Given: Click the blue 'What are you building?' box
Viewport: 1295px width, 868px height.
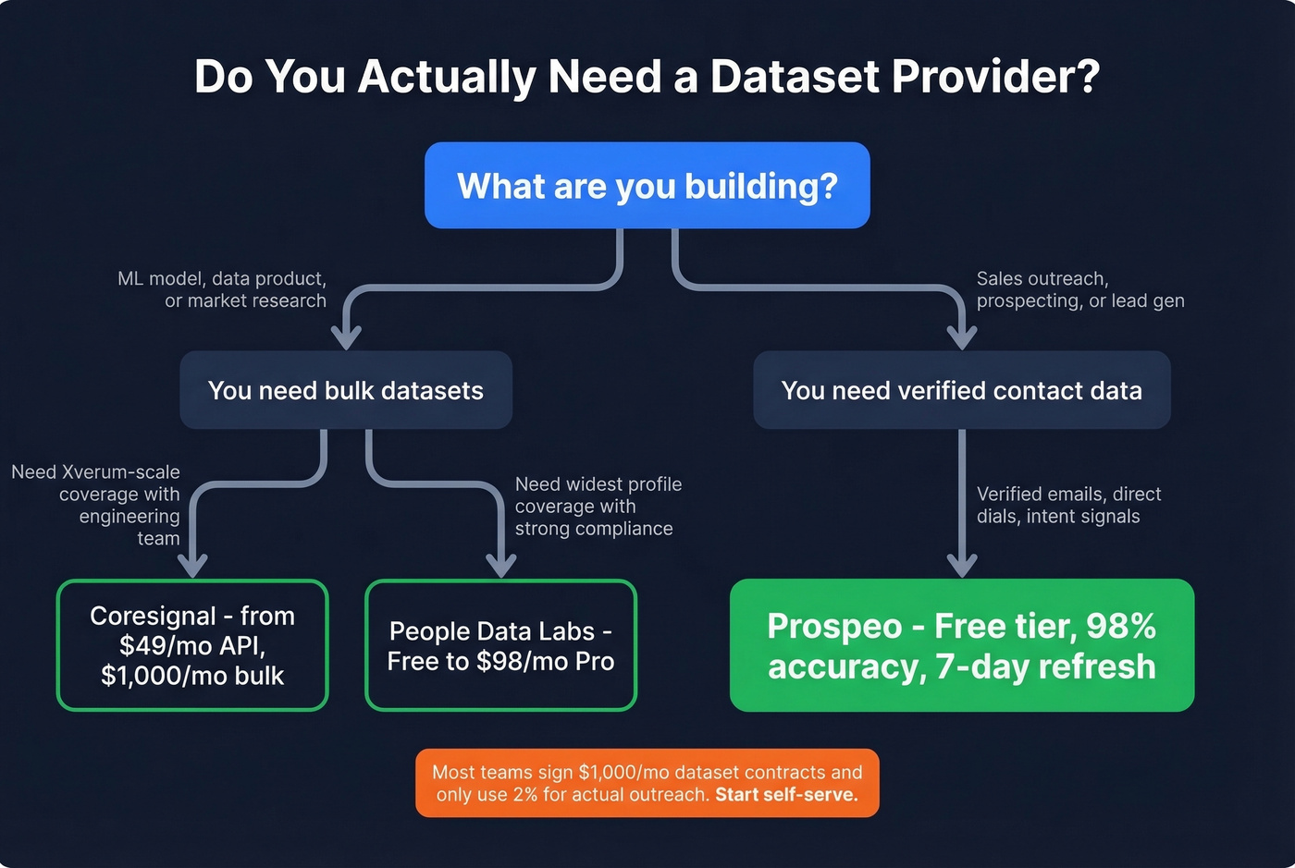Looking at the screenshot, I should (647, 186).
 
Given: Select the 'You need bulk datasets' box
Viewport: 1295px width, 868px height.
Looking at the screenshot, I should (345, 390).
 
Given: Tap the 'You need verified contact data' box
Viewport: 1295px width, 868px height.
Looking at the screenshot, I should (961, 390).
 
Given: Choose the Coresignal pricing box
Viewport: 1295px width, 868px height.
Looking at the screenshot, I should (192, 645).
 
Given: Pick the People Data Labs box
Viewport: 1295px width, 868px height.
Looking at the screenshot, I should (500, 645).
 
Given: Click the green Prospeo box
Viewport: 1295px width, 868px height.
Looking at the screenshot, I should (961, 645).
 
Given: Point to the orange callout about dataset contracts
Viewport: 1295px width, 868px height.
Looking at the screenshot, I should (647, 783).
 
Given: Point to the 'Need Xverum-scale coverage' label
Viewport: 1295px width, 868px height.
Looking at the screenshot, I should (97, 505).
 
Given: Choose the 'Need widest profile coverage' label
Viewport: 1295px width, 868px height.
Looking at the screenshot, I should (598, 506).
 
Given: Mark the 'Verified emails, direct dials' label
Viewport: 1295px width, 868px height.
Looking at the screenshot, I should (1068, 505).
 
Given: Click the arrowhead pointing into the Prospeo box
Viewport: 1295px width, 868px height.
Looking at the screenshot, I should (962, 565).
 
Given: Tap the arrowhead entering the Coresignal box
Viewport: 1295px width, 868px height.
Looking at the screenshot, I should (192, 565).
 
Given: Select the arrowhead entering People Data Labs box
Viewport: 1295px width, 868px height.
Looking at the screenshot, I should (500, 565).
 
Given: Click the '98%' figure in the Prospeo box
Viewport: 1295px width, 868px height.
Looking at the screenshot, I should (1120, 627).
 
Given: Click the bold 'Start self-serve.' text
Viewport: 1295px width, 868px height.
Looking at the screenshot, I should (786, 794).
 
